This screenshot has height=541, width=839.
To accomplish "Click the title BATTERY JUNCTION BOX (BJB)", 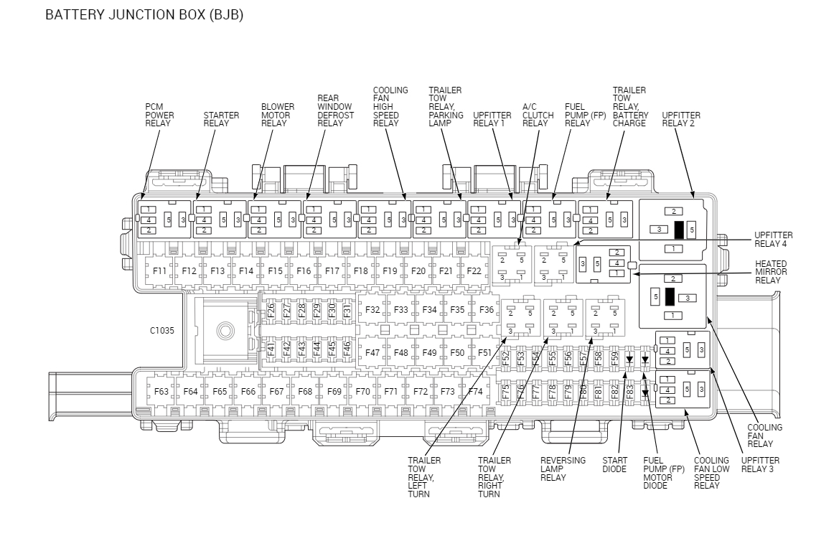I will (x=144, y=15).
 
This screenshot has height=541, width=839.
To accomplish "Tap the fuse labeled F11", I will (x=159, y=271).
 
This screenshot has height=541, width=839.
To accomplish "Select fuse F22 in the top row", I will (x=474, y=271).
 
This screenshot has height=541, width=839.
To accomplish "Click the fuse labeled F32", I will (x=372, y=310).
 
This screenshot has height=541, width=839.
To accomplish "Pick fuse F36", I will (x=486, y=310).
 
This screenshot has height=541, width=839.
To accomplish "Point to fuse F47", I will (x=372, y=353).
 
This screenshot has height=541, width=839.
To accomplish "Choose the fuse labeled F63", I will (x=161, y=392).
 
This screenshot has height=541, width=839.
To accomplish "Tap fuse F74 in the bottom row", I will (x=475, y=392).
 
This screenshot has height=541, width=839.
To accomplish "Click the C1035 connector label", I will (x=161, y=331).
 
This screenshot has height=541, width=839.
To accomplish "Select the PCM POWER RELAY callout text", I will (x=159, y=115).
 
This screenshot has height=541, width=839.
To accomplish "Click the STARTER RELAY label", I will (x=221, y=119).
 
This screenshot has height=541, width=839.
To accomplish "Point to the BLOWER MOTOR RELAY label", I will (x=278, y=115).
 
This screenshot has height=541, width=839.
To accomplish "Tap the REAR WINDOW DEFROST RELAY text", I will (x=334, y=110).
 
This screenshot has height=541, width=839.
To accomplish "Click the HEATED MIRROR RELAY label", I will (x=771, y=272).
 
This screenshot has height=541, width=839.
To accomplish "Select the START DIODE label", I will (x=615, y=465).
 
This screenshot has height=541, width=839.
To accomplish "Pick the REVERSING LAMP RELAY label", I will (x=563, y=469).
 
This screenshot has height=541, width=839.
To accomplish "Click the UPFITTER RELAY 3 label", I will (x=760, y=465).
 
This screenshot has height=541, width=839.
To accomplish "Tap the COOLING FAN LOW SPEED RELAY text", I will (x=711, y=474).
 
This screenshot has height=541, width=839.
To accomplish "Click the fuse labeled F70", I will (x=362, y=392).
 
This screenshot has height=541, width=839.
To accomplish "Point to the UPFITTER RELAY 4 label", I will (x=774, y=240).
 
